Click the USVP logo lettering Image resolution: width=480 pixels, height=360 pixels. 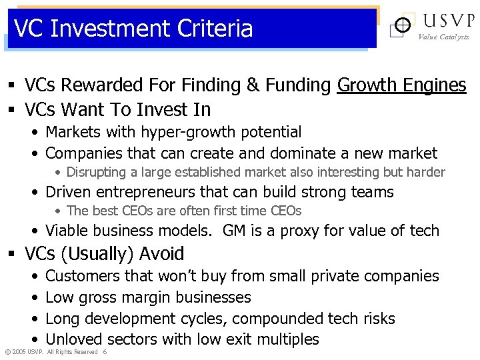(443, 21)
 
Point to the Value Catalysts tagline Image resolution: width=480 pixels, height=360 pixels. (443, 37)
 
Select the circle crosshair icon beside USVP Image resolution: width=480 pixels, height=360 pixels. (402, 26)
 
